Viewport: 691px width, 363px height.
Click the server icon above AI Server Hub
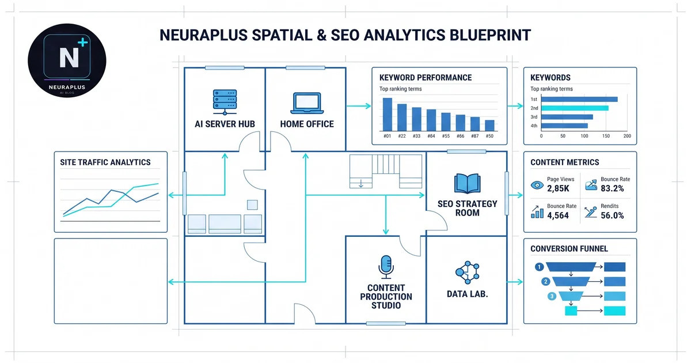[225, 102]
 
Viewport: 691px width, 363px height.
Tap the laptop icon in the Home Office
[307, 103]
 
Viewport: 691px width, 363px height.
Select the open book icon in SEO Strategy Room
[468, 183]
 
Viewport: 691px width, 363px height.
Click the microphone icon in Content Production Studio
[386, 267]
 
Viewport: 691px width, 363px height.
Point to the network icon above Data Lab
[468, 273]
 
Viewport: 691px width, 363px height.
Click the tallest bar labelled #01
[388, 115]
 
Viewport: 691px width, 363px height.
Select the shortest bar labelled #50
[489, 126]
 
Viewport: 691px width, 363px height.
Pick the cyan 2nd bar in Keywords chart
[575, 108]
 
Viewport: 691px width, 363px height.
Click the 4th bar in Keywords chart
[564, 126]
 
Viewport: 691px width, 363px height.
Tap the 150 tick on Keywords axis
[606, 136]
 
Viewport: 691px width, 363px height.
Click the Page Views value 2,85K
[558, 188]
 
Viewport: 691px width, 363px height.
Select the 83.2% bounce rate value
[612, 188]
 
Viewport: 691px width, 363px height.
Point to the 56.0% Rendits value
[612, 215]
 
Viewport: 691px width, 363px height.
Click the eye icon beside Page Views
[537, 185]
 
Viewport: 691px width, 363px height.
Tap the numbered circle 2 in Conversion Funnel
[546, 282]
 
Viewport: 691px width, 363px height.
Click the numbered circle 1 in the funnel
[539, 267]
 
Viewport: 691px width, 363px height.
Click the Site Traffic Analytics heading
[105, 162]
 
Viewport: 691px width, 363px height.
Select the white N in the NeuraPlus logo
[69, 58]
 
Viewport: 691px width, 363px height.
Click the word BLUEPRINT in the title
[490, 35]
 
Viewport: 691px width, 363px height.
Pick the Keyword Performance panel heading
[426, 77]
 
